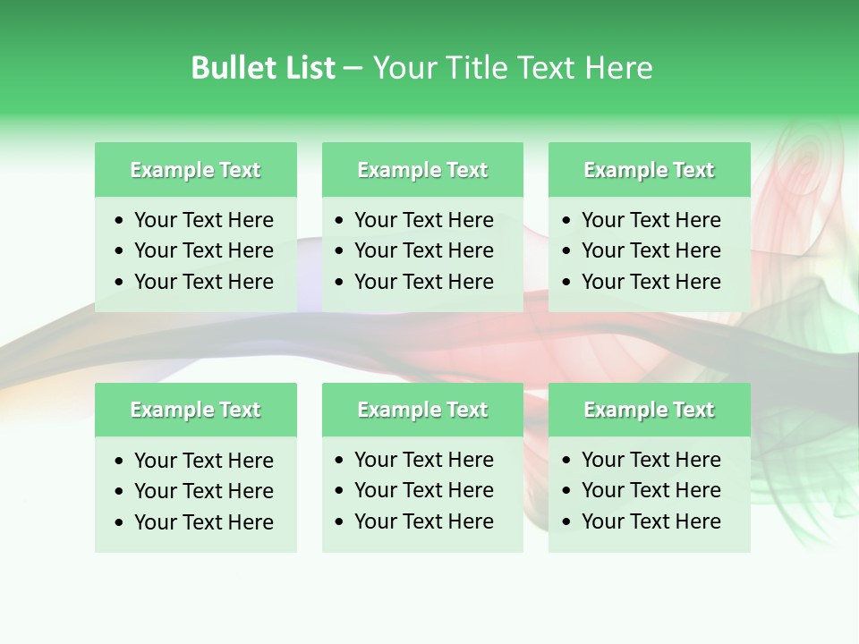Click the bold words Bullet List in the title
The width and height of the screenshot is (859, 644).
[263, 68]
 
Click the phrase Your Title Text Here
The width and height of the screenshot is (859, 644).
[513, 68]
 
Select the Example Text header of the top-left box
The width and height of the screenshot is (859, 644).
[195, 170]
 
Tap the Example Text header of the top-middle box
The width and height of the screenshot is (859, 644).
[422, 170]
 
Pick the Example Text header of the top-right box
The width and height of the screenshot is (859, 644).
[649, 170]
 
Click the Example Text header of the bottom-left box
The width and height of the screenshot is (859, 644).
[195, 410]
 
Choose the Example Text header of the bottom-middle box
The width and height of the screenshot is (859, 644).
[422, 410]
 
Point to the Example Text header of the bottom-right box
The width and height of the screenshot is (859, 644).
[649, 410]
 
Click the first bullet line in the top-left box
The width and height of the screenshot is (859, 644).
[204, 220]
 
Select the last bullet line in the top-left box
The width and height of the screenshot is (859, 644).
[204, 282]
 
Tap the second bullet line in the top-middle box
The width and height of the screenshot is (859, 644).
[424, 250]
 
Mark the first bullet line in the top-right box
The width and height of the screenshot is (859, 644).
[651, 220]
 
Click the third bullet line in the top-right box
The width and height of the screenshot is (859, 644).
[651, 282]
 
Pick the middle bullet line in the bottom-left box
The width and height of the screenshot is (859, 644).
[204, 491]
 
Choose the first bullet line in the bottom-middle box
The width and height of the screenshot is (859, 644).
[424, 460]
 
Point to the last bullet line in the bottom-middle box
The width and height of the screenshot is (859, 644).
[424, 521]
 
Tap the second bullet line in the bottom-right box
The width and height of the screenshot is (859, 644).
[651, 490]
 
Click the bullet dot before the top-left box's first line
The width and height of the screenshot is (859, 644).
[120, 221]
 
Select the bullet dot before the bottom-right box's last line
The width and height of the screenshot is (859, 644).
[567, 522]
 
